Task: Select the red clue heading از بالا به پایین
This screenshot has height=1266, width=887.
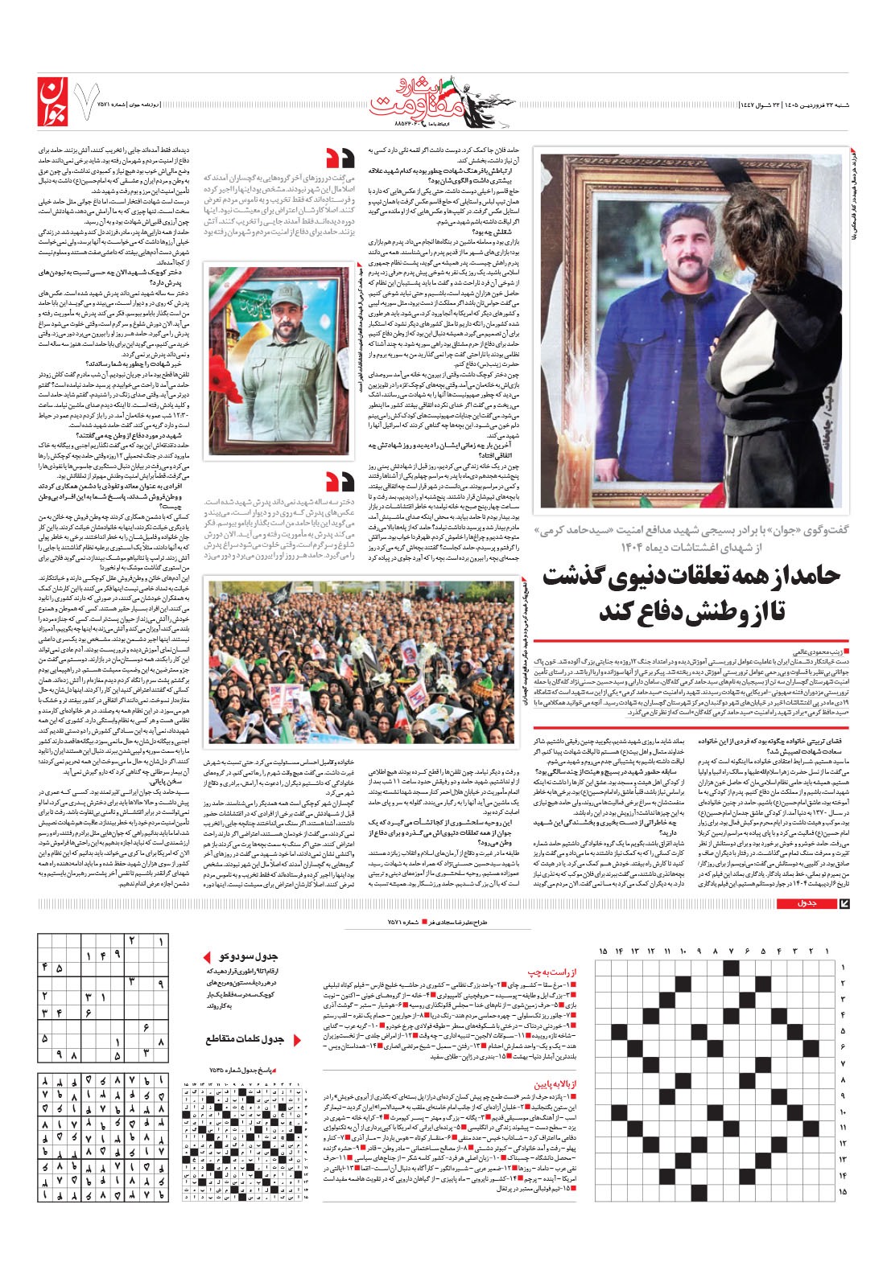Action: click(x=547, y=1083)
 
